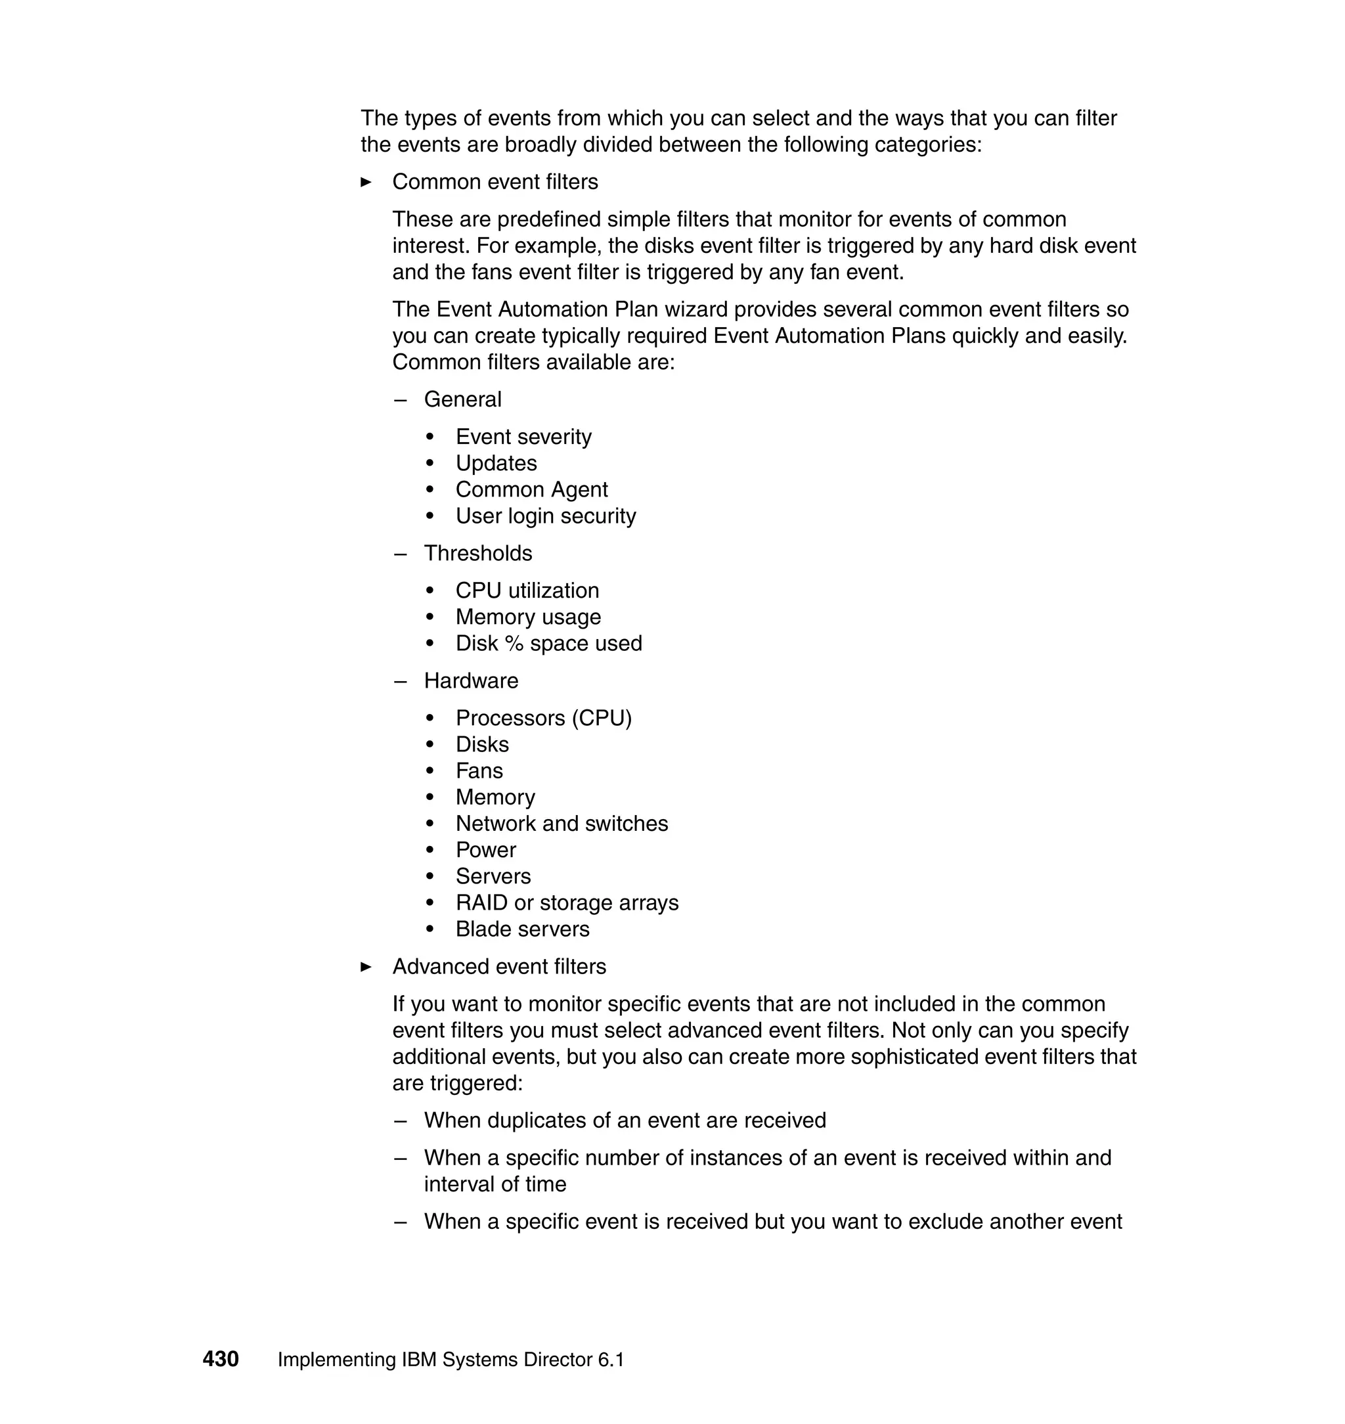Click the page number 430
[x=220, y=1358]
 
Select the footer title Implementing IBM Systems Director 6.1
[x=451, y=1359]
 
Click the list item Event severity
[x=523, y=436]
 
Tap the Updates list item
[x=496, y=462]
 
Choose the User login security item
[x=546, y=516]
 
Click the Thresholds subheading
[x=477, y=553]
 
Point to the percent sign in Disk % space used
[x=514, y=643]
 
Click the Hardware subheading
[x=470, y=680]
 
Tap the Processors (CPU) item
[x=543, y=718]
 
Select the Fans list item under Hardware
[x=479, y=771]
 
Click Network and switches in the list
[x=562, y=823]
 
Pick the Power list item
[x=485, y=850]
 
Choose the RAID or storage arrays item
[x=566, y=902]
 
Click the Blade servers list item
[x=522, y=929]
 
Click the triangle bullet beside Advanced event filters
[x=366, y=967]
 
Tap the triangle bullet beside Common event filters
[x=366, y=182]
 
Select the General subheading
[x=462, y=399]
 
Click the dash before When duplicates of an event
[x=400, y=1121]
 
